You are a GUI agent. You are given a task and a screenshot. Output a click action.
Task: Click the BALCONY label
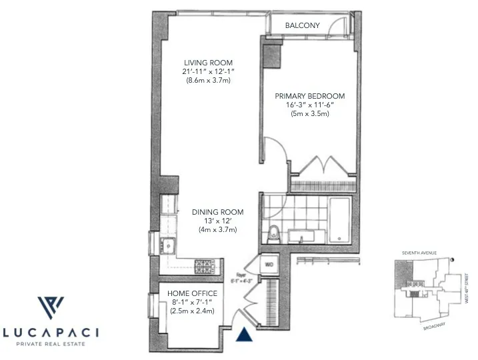point(302,25)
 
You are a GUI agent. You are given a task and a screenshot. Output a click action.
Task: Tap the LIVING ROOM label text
point(208,63)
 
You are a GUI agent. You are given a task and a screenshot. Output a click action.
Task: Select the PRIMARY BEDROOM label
point(309,96)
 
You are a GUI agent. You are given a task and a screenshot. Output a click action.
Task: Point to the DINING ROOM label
point(218,212)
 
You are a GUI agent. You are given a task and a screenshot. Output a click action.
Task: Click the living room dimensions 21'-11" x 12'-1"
point(208,71)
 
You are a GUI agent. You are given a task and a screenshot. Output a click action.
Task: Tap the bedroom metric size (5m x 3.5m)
point(309,113)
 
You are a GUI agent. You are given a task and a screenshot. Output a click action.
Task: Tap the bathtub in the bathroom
point(339,218)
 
